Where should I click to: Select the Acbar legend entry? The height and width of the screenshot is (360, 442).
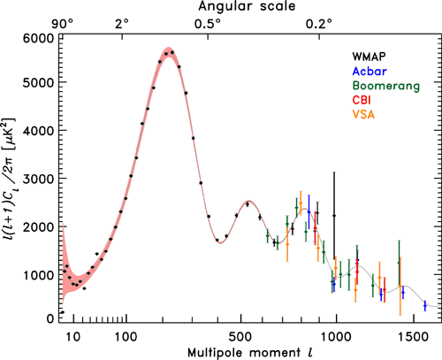pos(365,70)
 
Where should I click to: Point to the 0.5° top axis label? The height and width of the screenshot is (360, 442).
pos(208,23)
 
